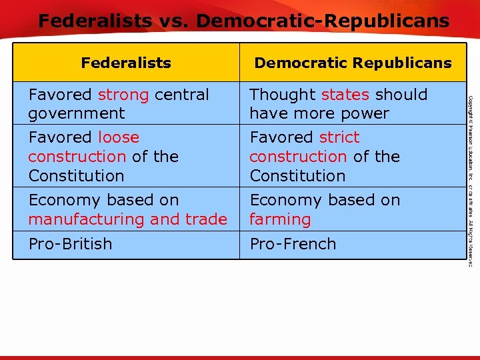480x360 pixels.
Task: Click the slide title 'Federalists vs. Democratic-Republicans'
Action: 243,21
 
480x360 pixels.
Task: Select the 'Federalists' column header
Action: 126,63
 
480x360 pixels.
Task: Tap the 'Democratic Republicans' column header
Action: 353,63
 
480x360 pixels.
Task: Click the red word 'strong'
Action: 123,95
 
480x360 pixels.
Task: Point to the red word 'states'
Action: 345,95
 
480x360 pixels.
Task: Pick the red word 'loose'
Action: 119,137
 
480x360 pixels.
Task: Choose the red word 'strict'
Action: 339,137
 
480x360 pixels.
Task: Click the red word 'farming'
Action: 280,219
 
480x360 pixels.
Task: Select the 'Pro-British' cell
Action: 70,244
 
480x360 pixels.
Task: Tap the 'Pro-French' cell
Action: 293,244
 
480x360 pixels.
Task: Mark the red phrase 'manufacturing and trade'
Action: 127,219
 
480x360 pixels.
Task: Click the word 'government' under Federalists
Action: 76,113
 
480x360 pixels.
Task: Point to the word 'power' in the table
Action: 365,113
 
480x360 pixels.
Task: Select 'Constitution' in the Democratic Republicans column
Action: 297,176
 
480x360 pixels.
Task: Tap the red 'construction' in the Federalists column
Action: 77,157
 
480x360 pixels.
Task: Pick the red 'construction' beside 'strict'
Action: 298,157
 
